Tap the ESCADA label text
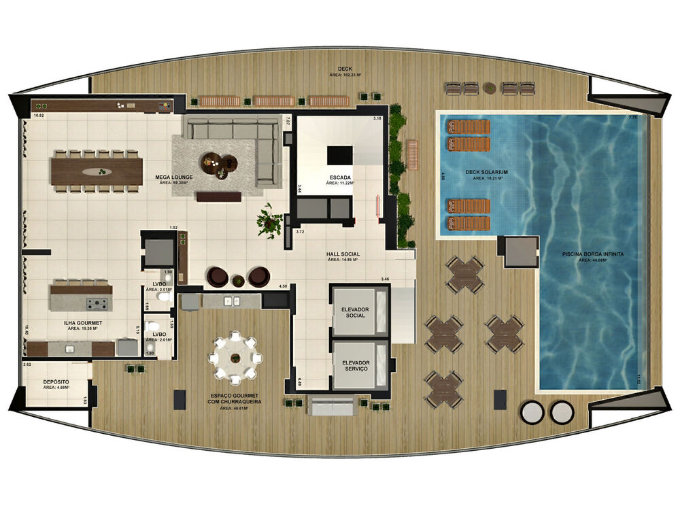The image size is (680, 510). click(338, 178)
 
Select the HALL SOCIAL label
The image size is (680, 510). click(343, 254)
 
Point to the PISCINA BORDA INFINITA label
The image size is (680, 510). click(592, 254)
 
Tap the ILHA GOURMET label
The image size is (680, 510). click(84, 323)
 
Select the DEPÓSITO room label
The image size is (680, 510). click(54, 382)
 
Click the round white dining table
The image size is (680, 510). click(235, 358)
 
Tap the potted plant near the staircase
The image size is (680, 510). click(269, 220)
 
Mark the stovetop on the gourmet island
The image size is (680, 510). click(101, 302)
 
